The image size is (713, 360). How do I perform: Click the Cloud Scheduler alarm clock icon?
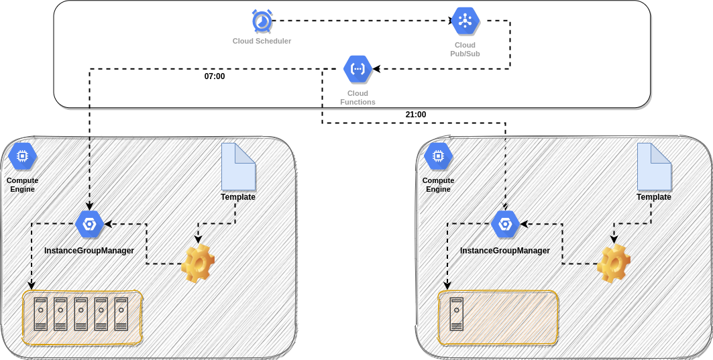262,21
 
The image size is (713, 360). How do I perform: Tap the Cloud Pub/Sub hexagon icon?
465,21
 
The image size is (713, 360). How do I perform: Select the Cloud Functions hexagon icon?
358,68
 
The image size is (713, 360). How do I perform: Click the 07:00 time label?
215,76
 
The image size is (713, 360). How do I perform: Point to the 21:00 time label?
416,115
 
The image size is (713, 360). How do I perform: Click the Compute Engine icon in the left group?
22,156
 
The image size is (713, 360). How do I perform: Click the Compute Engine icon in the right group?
438,156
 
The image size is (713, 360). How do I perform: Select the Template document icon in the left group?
238,167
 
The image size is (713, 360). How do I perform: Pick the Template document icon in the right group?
654,167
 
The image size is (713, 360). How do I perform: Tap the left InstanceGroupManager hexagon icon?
89,224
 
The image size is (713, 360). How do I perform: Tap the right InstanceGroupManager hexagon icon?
505,224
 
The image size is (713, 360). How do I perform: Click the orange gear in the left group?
198,263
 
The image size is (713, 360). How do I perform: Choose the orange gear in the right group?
614,263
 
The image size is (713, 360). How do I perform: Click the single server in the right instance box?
457,314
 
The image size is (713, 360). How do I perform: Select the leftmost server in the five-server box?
41,314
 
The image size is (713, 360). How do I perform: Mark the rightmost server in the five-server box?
121,314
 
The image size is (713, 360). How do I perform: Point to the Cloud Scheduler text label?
262,41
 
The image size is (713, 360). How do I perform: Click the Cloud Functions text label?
358,98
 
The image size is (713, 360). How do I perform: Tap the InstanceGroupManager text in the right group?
505,251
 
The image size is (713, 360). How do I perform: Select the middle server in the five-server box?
81,314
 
